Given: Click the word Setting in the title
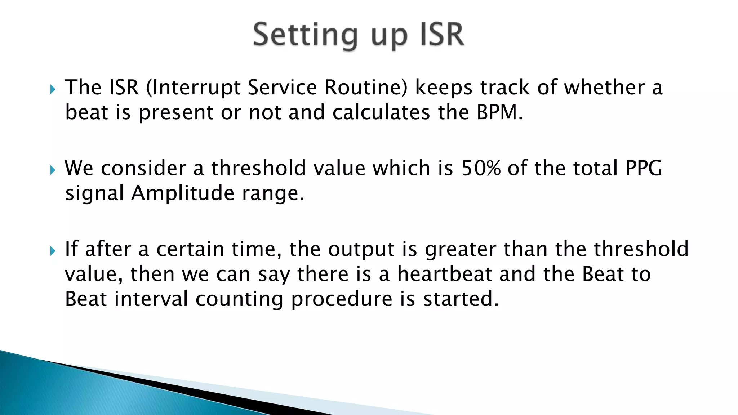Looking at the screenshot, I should pos(305,35).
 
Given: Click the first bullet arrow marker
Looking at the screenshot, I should pos(53,89).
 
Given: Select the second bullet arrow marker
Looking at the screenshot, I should pos(53,169).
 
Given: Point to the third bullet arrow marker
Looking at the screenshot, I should pos(53,250).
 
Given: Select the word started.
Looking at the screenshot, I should pos(461,299).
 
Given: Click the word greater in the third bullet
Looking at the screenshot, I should pos(461,250).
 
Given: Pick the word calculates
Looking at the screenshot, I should pos(381,112).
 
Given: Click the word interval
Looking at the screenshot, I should pos(151,299).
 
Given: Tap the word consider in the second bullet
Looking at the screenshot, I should pos(143,168).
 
